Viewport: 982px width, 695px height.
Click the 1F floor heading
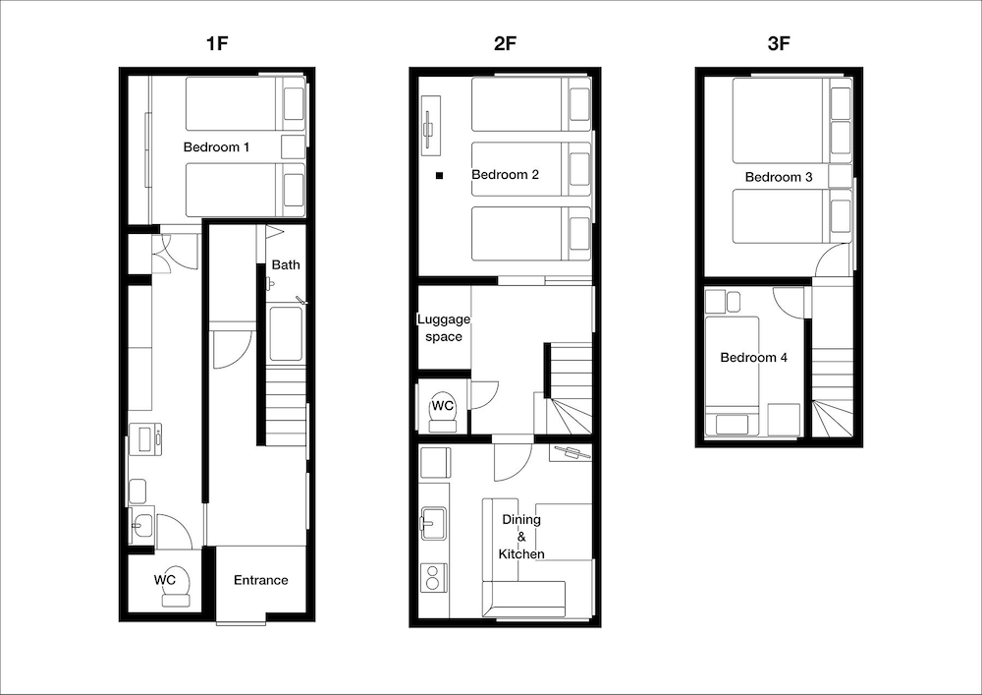(x=217, y=43)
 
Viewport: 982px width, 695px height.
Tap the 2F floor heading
(x=505, y=43)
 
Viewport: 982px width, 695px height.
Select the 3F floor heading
(x=779, y=43)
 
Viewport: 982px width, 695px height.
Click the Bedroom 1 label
(x=216, y=147)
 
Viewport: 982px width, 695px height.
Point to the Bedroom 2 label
(x=505, y=174)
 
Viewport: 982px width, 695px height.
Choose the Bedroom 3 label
(x=779, y=177)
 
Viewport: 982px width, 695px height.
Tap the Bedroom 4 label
(x=753, y=357)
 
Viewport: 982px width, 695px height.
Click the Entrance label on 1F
(x=260, y=580)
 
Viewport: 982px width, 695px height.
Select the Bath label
(x=286, y=264)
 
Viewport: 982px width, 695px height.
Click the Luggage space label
(x=444, y=327)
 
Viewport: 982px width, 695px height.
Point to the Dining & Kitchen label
(x=521, y=537)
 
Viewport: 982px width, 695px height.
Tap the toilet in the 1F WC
(x=176, y=589)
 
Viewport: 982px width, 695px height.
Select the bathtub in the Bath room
(x=286, y=334)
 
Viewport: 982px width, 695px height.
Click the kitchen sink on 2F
(x=433, y=523)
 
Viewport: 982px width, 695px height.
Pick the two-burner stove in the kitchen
(x=433, y=577)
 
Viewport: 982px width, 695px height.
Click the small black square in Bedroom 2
(x=440, y=176)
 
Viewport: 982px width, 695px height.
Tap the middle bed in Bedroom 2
(x=531, y=169)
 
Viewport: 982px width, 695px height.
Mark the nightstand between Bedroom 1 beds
(x=293, y=146)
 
